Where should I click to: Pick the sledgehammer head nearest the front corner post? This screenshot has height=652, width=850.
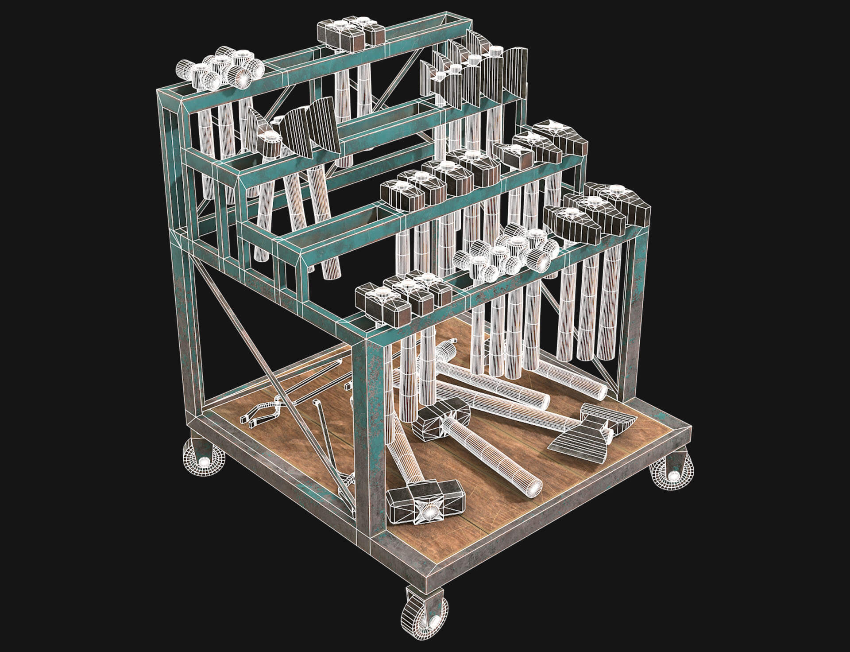point(421,501)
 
